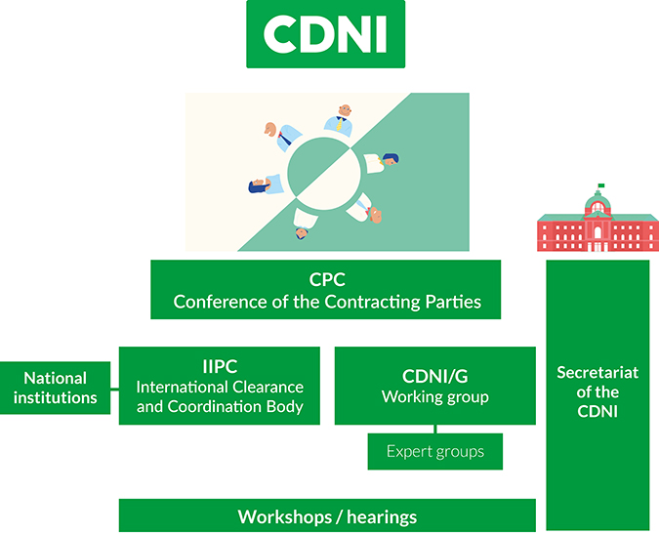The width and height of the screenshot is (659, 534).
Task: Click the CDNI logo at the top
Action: pos(326,34)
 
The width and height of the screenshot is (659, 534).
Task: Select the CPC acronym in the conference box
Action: pos(327,280)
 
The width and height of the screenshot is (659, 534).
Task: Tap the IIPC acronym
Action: pos(220,366)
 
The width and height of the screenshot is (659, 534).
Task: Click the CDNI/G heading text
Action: pos(435,377)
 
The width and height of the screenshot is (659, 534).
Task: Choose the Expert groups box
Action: pos(435,452)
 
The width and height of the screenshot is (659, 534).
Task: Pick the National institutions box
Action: pos(55,388)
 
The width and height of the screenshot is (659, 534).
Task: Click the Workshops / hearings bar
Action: pos(327,515)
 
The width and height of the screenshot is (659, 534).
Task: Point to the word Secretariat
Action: pos(597,373)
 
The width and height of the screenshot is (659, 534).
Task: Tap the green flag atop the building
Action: pos(601,185)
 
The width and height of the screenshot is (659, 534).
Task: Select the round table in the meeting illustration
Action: pos(324,173)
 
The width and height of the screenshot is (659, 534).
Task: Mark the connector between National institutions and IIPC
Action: pos(115,390)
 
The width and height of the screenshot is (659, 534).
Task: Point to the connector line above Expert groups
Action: pos(435,429)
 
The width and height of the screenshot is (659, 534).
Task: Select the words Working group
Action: pos(435,397)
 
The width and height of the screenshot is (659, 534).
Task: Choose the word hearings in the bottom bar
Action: pos(382,517)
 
